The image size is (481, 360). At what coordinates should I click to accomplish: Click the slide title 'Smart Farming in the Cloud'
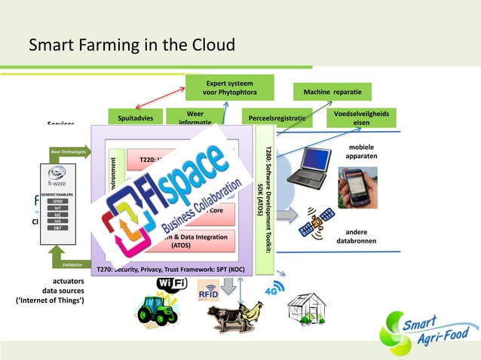[x=132, y=46]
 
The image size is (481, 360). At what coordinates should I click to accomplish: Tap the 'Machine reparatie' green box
[x=332, y=92]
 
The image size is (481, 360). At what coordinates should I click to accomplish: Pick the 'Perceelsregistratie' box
[x=275, y=118]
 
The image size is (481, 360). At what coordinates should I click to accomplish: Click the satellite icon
[x=317, y=223]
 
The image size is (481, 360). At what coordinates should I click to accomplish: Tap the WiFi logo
[x=172, y=285]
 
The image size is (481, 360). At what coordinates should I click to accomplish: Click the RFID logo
[x=209, y=290]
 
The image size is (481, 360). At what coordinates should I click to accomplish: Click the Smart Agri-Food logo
[x=428, y=331]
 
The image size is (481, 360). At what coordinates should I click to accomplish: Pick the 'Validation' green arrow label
[x=68, y=264]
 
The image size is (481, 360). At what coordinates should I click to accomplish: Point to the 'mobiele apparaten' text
[x=357, y=151]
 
